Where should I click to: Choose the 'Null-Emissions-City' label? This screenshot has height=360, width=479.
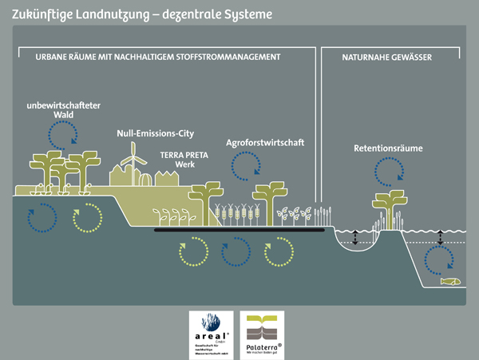(155, 134)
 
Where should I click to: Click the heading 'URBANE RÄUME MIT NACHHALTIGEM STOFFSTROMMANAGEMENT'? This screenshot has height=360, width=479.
(157, 57)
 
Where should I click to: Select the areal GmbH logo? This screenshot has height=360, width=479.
(210, 335)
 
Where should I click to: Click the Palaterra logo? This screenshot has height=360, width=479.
(262, 335)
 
